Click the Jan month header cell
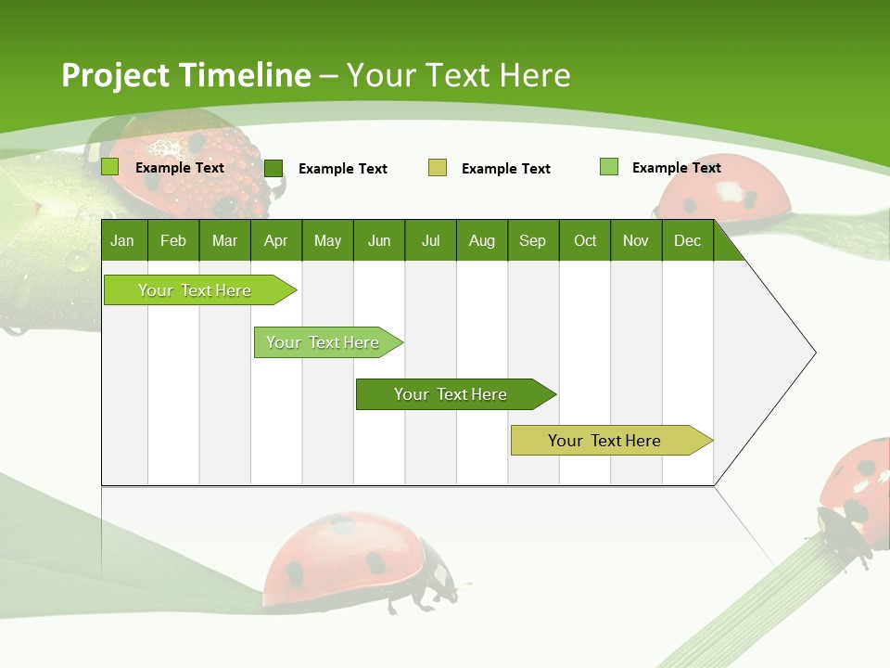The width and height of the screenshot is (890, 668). (123, 241)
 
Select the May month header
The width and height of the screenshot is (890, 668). (327, 241)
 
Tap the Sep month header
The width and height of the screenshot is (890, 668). (532, 241)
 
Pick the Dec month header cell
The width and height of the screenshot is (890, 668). (687, 241)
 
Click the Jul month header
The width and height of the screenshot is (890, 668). (430, 241)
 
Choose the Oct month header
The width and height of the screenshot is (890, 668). (584, 241)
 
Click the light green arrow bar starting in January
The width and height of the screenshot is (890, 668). (195, 290)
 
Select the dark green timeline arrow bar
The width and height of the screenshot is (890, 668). (451, 394)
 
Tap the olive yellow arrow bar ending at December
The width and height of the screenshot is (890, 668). (604, 441)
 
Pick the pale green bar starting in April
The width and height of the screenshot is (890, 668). (323, 342)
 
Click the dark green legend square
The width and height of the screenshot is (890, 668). (273, 168)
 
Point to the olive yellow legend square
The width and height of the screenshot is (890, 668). (438, 168)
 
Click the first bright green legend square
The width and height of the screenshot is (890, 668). (110, 167)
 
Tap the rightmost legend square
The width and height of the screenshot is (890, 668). (609, 167)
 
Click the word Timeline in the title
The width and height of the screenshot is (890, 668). (247, 75)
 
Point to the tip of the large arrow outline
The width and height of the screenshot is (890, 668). (814, 353)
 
